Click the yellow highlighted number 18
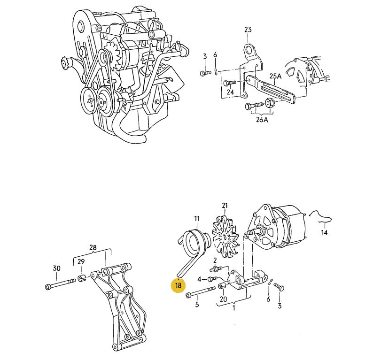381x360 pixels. click(178, 285)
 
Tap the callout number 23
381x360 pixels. click(248, 30)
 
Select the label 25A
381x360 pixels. click(275, 76)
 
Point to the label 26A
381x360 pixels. click(262, 120)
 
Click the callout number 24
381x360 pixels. click(230, 92)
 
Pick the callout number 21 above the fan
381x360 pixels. click(225, 206)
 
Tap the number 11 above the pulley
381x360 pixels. click(197, 219)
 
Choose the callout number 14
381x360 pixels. click(324, 232)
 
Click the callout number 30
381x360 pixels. click(56, 268)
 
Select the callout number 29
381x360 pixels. click(81, 262)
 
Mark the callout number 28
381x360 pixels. click(93, 248)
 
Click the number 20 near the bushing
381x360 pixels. click(223, 299)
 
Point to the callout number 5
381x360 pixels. click(197, 305)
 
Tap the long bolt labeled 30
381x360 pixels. click(61, 284)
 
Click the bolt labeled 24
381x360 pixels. click(230, 83)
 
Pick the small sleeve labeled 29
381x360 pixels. click(81, 278)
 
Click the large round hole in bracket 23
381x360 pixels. click(249, 51)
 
